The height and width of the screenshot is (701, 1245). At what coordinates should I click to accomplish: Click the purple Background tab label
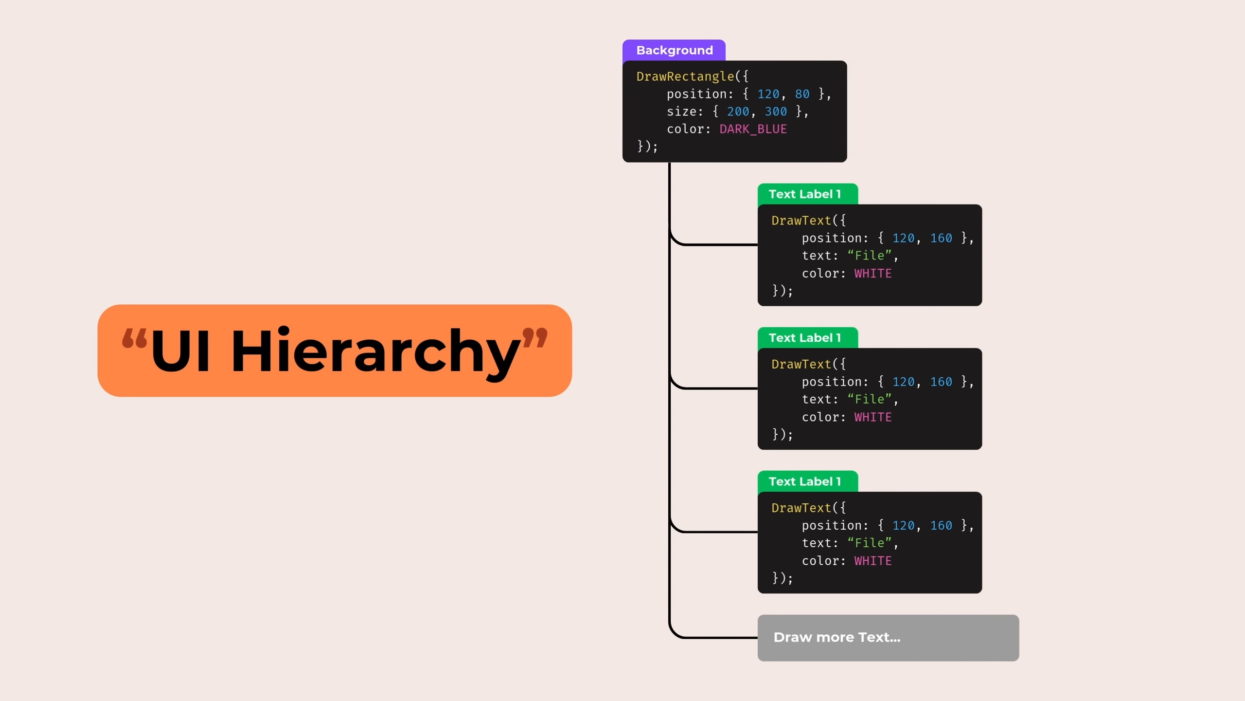pos(674,51)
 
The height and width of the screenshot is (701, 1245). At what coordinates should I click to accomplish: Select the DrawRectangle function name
pos(685,76)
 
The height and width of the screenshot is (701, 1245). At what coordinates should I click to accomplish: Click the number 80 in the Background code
pos(802,94)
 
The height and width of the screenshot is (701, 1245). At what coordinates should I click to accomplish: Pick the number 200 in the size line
pos(738,111)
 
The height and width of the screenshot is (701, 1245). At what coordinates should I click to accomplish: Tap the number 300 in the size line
pos(776,111)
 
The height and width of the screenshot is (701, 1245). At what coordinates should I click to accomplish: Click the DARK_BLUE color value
pos(753,129)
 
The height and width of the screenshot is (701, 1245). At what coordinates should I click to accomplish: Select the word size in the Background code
pos(681,111)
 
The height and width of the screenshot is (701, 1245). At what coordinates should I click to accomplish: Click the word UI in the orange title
pos(180,350)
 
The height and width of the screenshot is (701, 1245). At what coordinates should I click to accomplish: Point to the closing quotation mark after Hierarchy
pos(534,337)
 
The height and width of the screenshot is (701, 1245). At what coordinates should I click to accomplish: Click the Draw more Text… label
pos(836,637)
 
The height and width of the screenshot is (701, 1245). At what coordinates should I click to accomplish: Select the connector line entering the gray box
pos(715,637)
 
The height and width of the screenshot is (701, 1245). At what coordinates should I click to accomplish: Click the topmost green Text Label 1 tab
pos(805,194)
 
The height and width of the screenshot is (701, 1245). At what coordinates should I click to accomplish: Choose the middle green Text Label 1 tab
pos(805,338)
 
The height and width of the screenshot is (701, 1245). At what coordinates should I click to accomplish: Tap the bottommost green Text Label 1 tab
pos(805,481)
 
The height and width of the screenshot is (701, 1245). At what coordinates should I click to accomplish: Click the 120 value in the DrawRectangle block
pos(768,94)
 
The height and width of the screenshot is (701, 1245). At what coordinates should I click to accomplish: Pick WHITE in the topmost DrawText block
pos(873,274)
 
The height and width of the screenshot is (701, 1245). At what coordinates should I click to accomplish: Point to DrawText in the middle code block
pos(801,364)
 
